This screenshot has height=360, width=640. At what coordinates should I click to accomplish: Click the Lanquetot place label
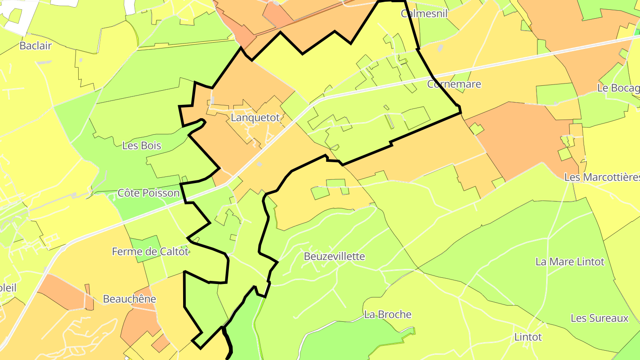coord(255,118)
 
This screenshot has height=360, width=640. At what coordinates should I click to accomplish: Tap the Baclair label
coord(36,46)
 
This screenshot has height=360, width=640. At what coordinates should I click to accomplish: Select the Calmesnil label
coord(424,13)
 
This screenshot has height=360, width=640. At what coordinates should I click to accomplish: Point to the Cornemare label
coord(454,84)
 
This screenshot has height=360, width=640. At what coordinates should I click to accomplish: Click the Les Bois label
coord(141,146)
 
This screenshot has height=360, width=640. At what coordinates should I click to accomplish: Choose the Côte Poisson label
coord(148,193)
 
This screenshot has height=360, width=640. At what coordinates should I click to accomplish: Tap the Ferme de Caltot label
coord(150,252)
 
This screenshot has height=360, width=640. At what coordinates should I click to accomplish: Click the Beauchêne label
coord(129,299)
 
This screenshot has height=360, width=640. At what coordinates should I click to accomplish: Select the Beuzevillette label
coord(334,256)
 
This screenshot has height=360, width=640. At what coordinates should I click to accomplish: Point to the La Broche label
coord(388,315)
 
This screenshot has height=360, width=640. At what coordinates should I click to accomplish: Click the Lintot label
coord(528,337)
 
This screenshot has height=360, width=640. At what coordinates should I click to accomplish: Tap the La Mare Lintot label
coord(570,262)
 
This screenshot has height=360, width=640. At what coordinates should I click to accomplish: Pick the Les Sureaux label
coord(600,318)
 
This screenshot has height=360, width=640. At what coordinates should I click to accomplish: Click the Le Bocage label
coord(618,88)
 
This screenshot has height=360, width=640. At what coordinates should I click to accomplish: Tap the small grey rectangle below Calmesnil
coord(440,48)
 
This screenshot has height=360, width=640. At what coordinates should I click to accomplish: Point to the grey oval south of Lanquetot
coord(259,164)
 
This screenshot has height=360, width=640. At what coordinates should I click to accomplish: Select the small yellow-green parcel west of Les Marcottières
coord(564,154)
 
